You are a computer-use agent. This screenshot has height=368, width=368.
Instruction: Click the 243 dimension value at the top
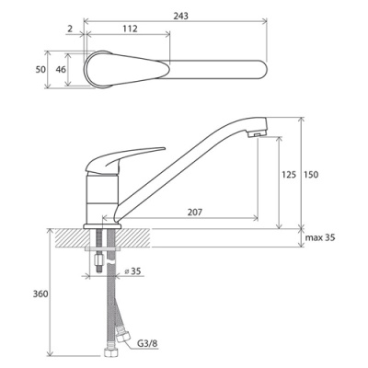(x=181, y=16)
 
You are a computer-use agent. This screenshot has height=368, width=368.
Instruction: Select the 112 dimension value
(x=130, y=29)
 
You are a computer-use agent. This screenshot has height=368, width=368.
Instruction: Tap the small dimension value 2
(x=70, y=29)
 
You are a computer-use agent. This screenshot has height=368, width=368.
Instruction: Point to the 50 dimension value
(x=40, y=70)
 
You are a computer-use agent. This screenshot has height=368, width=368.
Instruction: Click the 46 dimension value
(x=61, y=70)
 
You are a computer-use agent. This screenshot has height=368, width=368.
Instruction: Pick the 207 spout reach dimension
(x=195, y=212)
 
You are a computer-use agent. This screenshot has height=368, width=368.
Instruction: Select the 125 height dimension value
(x=289, y=175)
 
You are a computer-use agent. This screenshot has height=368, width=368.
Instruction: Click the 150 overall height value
(x=311, y=175)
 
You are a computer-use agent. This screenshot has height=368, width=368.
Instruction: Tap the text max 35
(x=320, y=237)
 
